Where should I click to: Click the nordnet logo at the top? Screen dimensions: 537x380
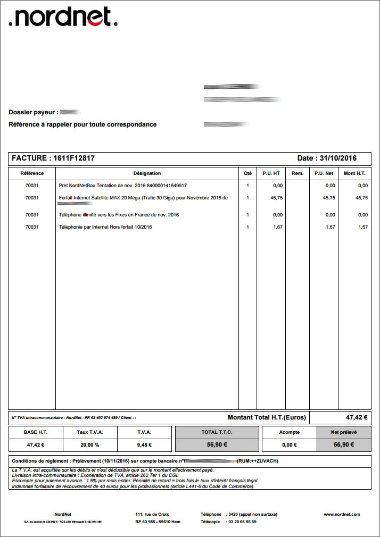click(x=63, y=17)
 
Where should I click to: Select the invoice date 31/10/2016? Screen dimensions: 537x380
click(x=337, y=158)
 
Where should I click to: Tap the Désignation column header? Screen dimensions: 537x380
click(x=147, y=173)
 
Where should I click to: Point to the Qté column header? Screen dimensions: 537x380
click(x=247, y=173)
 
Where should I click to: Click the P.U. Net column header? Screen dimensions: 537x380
click(x=324, y=173)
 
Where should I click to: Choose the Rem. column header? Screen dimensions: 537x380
click(x=297, y=173)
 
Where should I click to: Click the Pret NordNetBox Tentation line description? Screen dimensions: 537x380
click(x=123, y=186)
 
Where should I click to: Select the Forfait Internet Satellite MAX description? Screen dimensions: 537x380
click(x=143, y=198)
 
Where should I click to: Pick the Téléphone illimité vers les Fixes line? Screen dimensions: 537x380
click(x=119, y=215)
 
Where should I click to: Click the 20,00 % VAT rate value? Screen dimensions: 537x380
click(x=90, y=445)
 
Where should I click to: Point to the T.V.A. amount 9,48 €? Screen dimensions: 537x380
click(x=145, y=445)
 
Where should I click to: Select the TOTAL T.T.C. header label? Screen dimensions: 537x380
click(x=217, y=432)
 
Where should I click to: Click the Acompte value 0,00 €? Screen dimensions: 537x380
click(x=289, y=445)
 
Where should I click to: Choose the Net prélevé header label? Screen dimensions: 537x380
click(x=344, y=432)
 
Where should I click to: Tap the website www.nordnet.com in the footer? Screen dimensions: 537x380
click(x=342, y=514)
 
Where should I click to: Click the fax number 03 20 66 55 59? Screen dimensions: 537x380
click(x=242, y=522)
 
